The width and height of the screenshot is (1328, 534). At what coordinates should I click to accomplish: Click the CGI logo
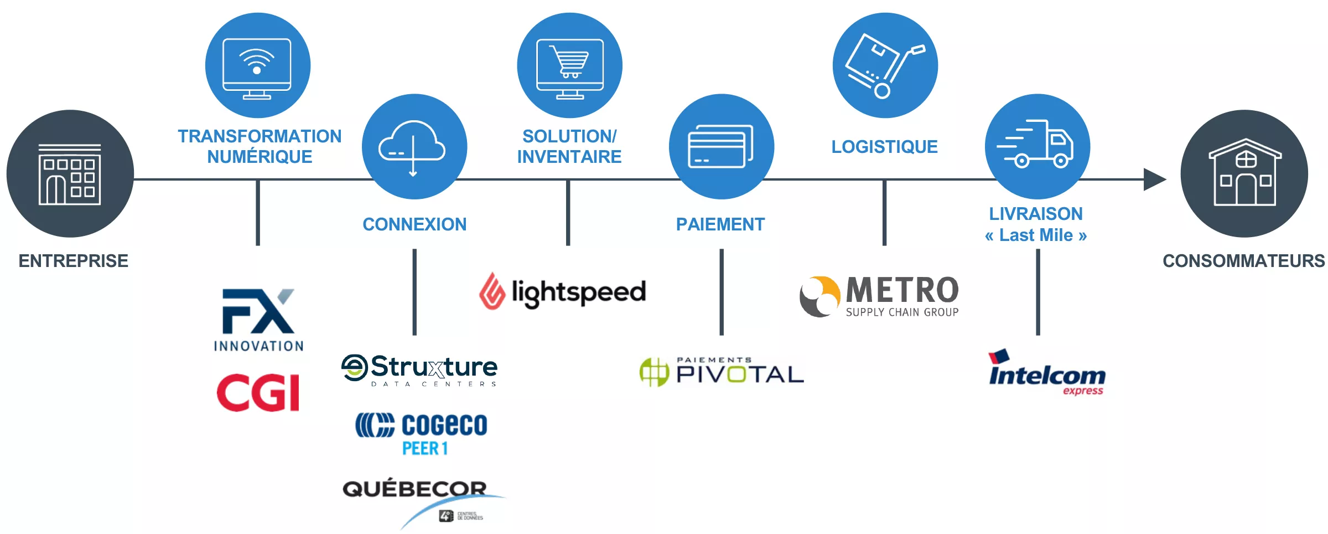point(258,392)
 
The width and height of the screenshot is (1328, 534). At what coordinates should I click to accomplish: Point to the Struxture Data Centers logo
point(419,370)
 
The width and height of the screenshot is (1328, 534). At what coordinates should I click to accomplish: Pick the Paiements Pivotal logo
point(722,372)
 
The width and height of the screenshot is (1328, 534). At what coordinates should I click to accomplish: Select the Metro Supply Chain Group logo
point(879,296)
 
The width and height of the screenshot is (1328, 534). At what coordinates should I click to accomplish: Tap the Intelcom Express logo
point(1046,373)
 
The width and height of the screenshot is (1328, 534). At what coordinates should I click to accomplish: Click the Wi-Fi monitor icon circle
point(257,65)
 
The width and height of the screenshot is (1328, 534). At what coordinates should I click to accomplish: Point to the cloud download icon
point(414,146)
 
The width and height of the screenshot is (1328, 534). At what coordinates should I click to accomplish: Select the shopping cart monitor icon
point(569,65)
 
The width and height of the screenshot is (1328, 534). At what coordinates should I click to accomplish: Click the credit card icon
point(721,146)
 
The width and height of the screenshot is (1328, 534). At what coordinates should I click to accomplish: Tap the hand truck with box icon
point(885,65)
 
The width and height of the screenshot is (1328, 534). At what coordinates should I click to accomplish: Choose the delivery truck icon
point(1037,146)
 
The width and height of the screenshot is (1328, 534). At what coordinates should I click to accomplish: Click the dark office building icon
point(70,173)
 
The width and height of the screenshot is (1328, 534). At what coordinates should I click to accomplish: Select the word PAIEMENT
point(720,224)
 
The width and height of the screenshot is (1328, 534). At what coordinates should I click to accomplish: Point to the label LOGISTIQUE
point(884,147)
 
